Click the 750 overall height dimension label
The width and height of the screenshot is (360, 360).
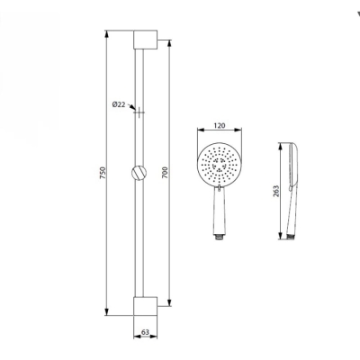pyautogui.click(x=103, y=171)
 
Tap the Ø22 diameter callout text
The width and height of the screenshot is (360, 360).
pyautogui.click(x=118, y=105)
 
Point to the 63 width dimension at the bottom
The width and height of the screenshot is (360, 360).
pyautogui.click(x=146, y=332)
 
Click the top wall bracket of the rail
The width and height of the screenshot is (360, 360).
pyautogui.click(x=146, y=40)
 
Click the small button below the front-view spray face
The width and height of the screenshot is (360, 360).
pyautogui.click(x=218, y=190)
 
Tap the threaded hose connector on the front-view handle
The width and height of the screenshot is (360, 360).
pyautogui.click(x=218, y=237)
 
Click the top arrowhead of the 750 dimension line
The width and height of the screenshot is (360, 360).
pyautogui.click(x=108, y=34)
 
